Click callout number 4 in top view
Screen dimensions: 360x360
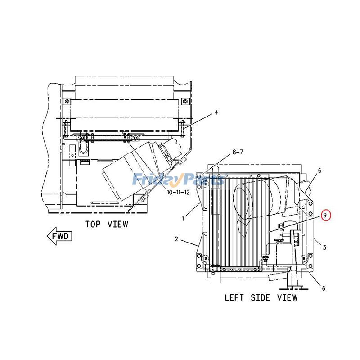(x=216, y=112)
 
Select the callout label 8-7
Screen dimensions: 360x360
(x=237, y=153)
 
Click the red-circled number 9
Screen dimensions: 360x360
(x=324, y=216)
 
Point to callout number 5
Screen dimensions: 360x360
(x=319, y=171)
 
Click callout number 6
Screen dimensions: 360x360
(x=323, y=288)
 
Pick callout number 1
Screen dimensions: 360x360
(x=183, y=219)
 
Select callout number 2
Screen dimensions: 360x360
(x=176, y=239)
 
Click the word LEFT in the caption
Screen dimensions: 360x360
(x=234, y=297)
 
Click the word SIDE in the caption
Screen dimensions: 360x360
(x=261, y=297)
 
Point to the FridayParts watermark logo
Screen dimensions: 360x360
(x=178, y=180)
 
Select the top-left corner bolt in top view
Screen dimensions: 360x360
(x=67, y=100)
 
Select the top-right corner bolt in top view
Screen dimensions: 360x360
(x=184, y=100)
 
